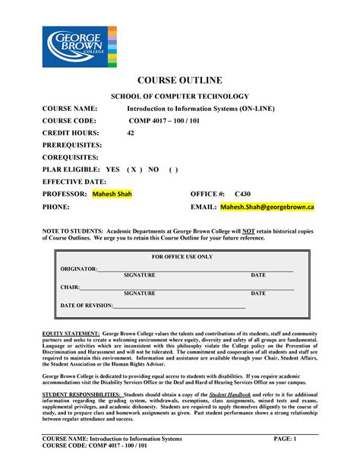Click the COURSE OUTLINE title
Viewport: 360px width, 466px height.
pos(180,81)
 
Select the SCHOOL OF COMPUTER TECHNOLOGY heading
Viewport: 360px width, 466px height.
pos(180,97)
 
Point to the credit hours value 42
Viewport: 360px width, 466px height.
pos(131,132)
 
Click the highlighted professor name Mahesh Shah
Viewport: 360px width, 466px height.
pos(112,194)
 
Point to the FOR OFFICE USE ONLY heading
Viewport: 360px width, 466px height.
pos(182,257)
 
